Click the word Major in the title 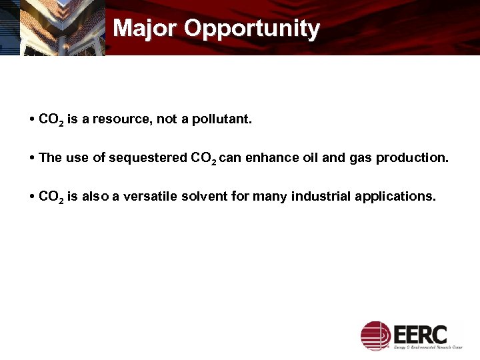(x=145, y=29)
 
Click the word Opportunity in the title (x=252, y=29)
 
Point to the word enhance (x=269, y=158)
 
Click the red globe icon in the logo (x=375, y=335)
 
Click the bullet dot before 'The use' (x=33, y=158)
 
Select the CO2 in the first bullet (x=51, y=120)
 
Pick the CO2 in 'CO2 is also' (x=51, y=197)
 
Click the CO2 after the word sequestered (x=203, y=159)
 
